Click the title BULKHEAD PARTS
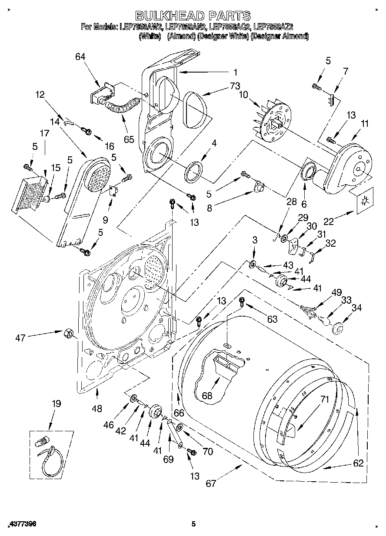[193, 16]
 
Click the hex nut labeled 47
[68, 334]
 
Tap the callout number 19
[56, 404]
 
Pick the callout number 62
[358, 463]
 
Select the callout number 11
[364, 124]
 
